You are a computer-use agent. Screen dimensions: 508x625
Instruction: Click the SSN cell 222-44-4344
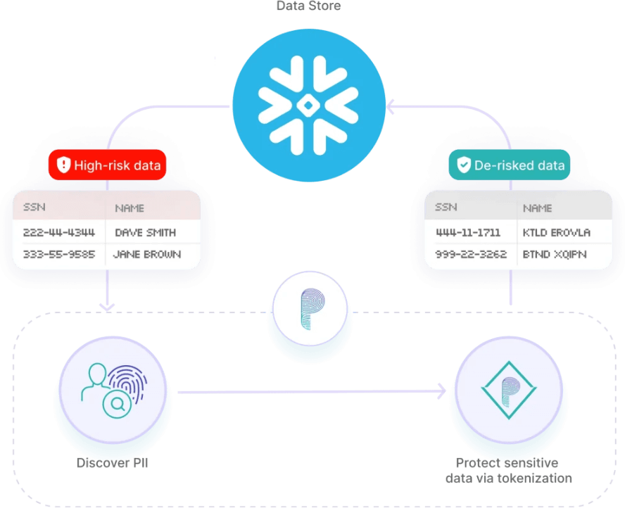pyautogui.click(x=59, y=232)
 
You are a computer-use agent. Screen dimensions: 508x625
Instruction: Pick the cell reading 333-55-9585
pyautogui.click(x=59, y=254)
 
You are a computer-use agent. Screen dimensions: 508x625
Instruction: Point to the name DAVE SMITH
pyautogui.click(x=145, y=232)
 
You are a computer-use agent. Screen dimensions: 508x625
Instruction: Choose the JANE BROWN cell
pyautogui.click(x=147, y=254)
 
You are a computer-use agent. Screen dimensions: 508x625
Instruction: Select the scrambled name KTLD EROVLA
pyautogui.click(x=557, y=232)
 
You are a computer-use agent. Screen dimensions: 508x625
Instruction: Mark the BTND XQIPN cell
pyautogui.click(x=555, y=254)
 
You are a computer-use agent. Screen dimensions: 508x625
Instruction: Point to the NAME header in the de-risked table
pyautogui.click(x=537, y=208)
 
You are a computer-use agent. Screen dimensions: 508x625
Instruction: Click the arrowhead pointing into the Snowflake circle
pyautogui.click(x=389, y=107)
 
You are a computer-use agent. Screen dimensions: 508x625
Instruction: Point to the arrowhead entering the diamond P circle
pyautogui.click(x=442, y=391)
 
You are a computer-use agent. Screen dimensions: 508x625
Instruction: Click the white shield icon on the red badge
pyautogui.click(x=63, y=166)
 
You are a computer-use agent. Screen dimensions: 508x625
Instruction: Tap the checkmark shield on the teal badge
pyautogui.click(x=464, y=166)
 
